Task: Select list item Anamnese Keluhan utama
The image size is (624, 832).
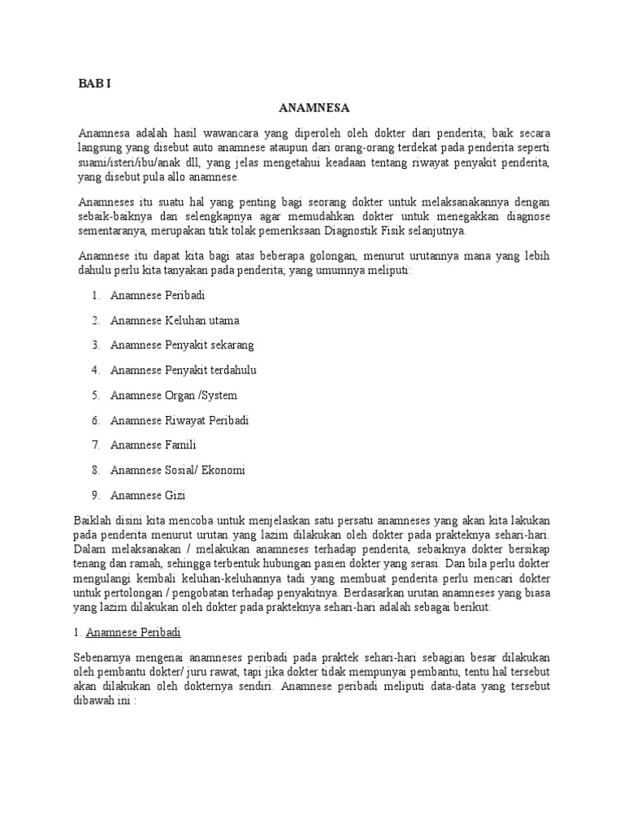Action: point(175,320)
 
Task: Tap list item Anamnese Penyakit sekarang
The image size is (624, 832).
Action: point(182,345)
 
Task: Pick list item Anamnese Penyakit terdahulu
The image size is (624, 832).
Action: point(183,370)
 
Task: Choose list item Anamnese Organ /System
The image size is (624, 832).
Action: point(174,396)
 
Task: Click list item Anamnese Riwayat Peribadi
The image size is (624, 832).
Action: point(180,421)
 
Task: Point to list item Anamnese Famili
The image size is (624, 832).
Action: point(154,445)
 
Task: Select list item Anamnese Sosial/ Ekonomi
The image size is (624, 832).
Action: point(178,470)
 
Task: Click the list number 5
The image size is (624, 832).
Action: point(95,396)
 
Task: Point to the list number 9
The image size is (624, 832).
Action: point(95,496)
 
